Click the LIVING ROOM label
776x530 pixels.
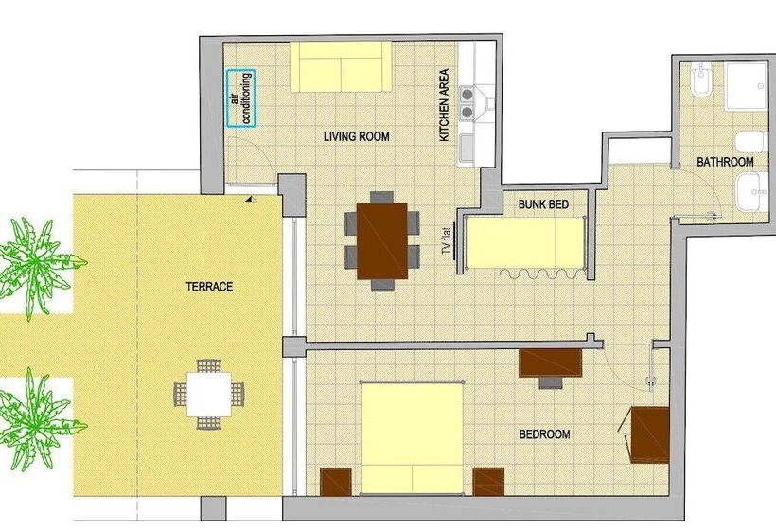356,137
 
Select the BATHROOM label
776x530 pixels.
725,163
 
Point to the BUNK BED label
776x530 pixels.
540,203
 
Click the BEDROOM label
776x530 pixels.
544,434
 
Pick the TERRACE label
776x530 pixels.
210,287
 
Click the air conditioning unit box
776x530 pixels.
241,98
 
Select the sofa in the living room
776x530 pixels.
340,65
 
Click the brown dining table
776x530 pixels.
381,240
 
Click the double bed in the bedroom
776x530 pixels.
412,436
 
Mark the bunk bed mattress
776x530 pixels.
525,242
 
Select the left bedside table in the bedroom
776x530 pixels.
336,482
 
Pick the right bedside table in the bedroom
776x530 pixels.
488,482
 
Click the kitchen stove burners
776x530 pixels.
467,103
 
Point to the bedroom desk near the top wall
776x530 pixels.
550,362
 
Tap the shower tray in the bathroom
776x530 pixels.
747,86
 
